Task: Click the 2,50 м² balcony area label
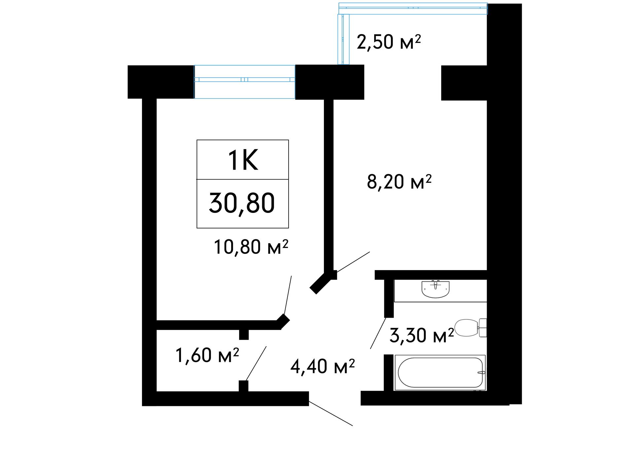pyautogui.click(x=389, y=42)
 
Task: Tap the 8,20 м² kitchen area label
pyautogui.click(x=399, y=181)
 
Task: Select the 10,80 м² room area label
pyautogui.click(x=251, y=247)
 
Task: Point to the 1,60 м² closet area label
pyautogui.click(x=207, y=355)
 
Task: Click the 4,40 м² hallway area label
pyautogui.click(x=322, y=367)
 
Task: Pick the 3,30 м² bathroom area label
pyautogui.click(x=422, y=335)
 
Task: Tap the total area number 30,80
pyautogui.click(x=242, y=203)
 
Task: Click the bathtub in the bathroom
pyautogui.click(x=440, y=373)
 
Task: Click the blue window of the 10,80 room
pyautogui.click(x=244, y=82)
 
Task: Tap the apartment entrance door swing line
pyautogui.click(x=331, y=413)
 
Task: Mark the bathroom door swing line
pyautogui.click(x=378, y=333)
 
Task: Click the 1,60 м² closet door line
pyautogui.click(x=256, y=363)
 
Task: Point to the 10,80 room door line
pyautogui.click(x=288, y=295)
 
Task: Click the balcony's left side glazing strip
pyautogui.click(x=343, y=39)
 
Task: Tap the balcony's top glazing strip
pyautogui.click(x=413, y=9)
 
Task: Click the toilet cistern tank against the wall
pyautogui.click(x=483, y=328)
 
